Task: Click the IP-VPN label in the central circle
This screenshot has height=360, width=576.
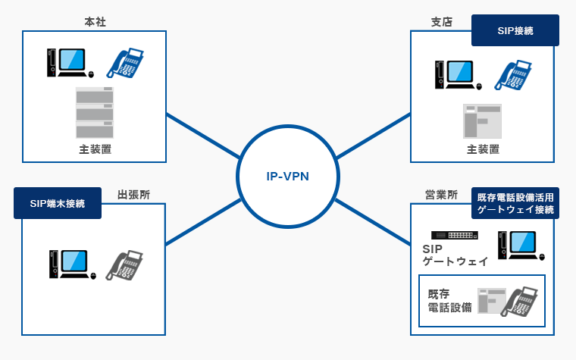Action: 288,177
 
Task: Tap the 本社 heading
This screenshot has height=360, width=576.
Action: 95,22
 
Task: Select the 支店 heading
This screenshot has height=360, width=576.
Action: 441,22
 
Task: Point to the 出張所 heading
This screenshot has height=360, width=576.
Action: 133,195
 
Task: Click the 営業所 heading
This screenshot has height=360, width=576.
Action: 441,195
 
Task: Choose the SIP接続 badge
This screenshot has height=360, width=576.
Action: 515,31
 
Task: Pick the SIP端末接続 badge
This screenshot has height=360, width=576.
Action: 58,203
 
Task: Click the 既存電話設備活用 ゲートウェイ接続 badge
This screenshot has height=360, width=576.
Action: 515,203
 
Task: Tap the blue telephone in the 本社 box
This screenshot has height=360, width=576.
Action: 125,63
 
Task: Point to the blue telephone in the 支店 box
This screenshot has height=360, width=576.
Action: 514,75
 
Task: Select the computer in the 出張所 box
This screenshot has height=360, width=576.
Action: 70,266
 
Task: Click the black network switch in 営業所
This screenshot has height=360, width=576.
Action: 454,235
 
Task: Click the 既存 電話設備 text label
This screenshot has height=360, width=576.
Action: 449,300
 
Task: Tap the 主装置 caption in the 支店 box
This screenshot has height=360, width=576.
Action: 483,149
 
